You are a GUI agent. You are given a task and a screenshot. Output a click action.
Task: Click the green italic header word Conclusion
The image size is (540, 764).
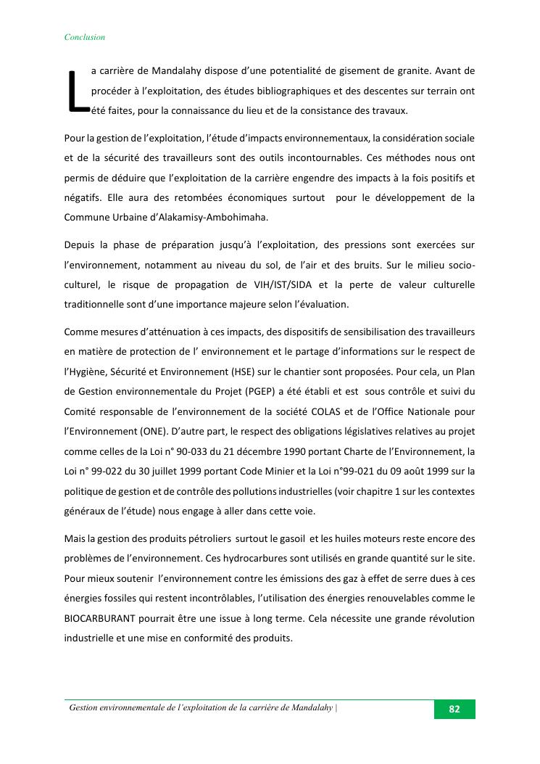(x=85, y=37)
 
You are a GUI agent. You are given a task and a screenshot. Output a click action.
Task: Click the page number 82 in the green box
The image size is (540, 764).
(x=454, y=710)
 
